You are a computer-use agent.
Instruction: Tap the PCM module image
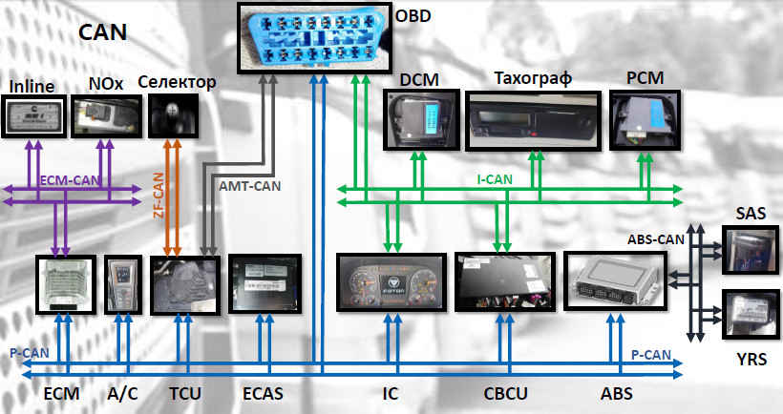[x=646, y=119]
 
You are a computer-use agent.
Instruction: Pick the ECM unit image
[x=64, y=283]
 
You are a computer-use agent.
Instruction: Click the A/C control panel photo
[x=123, y=283]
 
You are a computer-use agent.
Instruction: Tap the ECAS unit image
[x=265, y=283]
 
